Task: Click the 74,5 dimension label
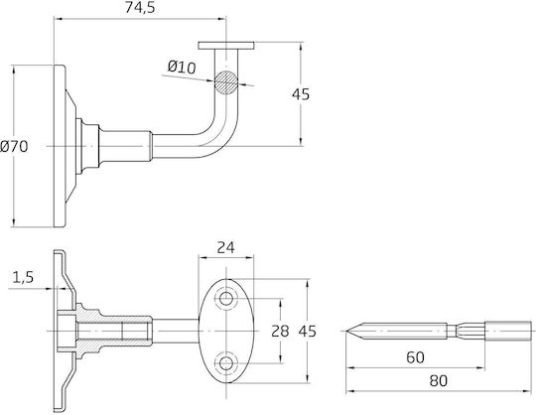pos(140,8)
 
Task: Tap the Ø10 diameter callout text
pos(182,67)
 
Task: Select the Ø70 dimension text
pos(14,147)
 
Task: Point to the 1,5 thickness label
pos(23,277)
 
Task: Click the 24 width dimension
pos(226,248)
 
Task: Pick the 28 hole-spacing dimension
pos(280,331)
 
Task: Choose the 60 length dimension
pos(415,357)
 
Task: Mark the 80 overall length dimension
pos(439,380)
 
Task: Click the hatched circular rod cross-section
pos(226,82)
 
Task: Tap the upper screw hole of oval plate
pos(226,299)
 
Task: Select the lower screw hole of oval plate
pos(226,363)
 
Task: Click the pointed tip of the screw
pos(346,331)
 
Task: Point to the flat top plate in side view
pos(226,46)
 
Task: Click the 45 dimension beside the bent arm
pos(301,94)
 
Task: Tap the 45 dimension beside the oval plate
pos(308,331)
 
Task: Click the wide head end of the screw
pos(509,331)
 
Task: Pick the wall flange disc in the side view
pos(60,146)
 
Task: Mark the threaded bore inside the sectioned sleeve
pos(113,331)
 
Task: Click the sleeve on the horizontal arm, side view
pos(125,146)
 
